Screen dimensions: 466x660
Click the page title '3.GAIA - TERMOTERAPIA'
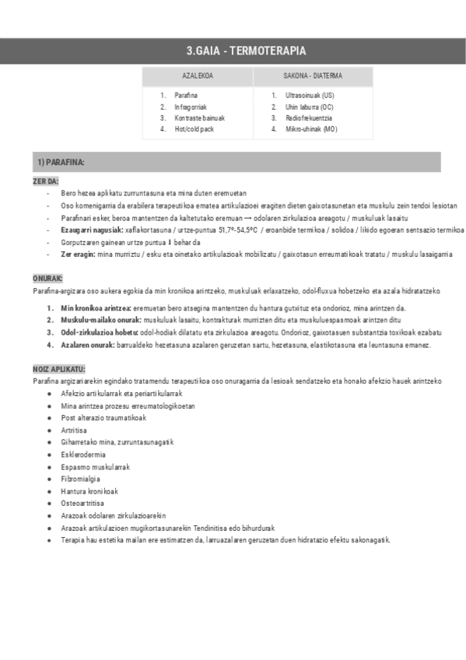click(x=245, y=51)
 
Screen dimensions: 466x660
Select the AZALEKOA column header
click(x=198, y=76)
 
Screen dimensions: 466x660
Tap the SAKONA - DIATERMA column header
click(x=313, y=76)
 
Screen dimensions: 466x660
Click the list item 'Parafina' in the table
click(x=186, y=95)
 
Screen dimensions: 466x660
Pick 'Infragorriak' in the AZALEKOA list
click(x=191, y=107)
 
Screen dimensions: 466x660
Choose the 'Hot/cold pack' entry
click(x=194, y=129)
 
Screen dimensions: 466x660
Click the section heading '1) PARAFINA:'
click(x=61, y=162)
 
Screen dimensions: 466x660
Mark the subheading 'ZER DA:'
click(x=46, y=181)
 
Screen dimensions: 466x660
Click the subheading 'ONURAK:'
click(x=48, y=278)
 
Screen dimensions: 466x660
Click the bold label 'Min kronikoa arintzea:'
click(x=96, y=309)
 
